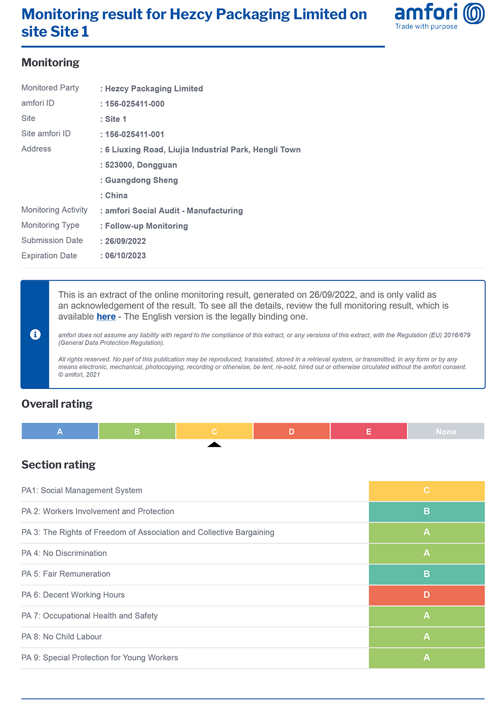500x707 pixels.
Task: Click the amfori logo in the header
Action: click(439, 15)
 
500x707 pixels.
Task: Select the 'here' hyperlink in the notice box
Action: click(106, 316)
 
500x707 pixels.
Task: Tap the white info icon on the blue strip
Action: click(35, 334)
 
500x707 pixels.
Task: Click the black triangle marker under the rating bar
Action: click(214, 444)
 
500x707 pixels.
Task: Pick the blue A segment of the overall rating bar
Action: click(60, 431)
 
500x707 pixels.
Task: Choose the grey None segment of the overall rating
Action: click(446, 431)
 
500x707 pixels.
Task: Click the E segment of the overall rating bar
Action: click(368, 431)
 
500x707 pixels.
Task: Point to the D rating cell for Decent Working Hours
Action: click(426, 595)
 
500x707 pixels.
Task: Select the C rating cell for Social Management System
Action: click(426, 490)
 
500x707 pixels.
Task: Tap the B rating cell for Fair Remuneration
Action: click(426, 574)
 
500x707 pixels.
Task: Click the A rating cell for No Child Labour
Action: click(426, 636)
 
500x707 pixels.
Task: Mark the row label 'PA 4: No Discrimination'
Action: click(64, 553)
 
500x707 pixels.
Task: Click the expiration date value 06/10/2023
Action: click(125, 255)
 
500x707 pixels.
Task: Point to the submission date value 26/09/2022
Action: click(125, 241)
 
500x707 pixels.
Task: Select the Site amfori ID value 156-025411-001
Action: click(134, 134)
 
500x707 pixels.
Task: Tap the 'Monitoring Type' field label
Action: click(50, 225)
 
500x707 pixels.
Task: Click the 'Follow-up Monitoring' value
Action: click(146, 226)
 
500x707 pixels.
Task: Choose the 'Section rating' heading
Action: click(58, 464)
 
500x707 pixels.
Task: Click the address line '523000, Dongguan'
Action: click(141, 165)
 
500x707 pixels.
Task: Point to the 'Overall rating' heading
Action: click(57, 404)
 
